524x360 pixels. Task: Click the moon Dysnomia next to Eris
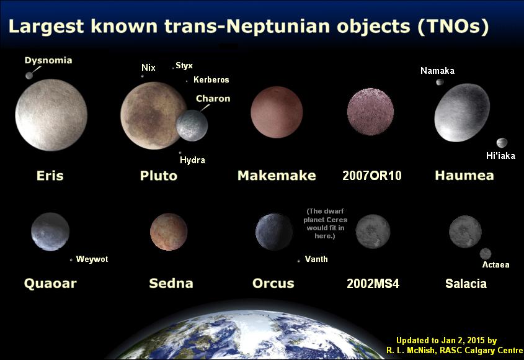pyautogui.click(x=29, y=75)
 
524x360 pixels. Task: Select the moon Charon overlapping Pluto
pyautogui.click(x=192, y=125)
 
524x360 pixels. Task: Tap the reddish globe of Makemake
pyautogui.click(x=277, y=112)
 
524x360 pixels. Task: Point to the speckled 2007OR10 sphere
pyautogui.click(x=370, y=112)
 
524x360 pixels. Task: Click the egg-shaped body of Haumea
pyautogui.click(x=462, y=112)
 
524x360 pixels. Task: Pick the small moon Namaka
pyautogui.click(x=440, y=82)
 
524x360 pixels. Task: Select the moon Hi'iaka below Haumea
pyautogui.click(x=502, y=143)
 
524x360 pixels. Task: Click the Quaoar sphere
pyautogui.click(x=50, y=232)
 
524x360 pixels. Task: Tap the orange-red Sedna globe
pyautogui.click(x=169, y=232)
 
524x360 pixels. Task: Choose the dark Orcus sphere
pyautogui.click(x=274, y=232)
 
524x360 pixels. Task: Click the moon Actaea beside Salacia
pyautogui.click(x=485, y=254)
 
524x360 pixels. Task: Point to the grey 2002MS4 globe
pyautogui.click(x=373, y=232)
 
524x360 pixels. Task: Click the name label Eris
pyautogui.click(x=50, y=176)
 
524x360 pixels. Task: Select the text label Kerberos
pyautogui.click(x=211, y=79)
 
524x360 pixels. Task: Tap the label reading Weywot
pyautogui.click(x=92, y=259)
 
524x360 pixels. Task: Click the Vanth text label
pyautogui.click(x=316, y=259)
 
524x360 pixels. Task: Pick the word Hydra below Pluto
pyautogui.click(x=192, y=160)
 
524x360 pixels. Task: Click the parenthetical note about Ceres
pyautogui.click(x=325, y=223)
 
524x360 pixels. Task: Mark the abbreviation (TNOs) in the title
pyautogui.click(x=453, y=26)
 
